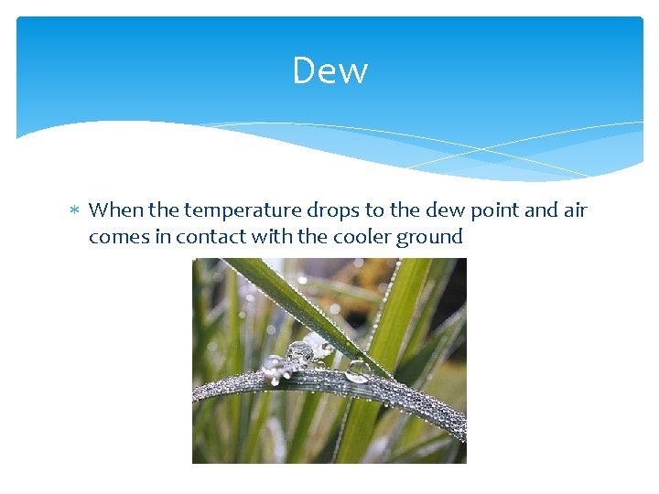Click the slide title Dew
click(x=329, y=70)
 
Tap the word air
click(x=575, y=210)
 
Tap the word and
click(x=541, y=210)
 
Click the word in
click(x=162, y=237)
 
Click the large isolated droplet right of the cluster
click(x=357, y=370)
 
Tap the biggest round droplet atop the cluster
click(x=298, y=351)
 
